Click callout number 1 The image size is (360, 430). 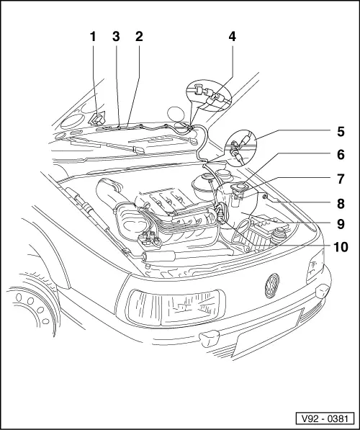93,36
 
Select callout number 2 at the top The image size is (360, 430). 138,36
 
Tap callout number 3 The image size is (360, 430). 115,36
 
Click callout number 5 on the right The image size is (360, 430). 341,132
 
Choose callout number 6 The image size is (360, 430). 341,155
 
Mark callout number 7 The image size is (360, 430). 341,178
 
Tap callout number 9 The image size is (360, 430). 341,223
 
